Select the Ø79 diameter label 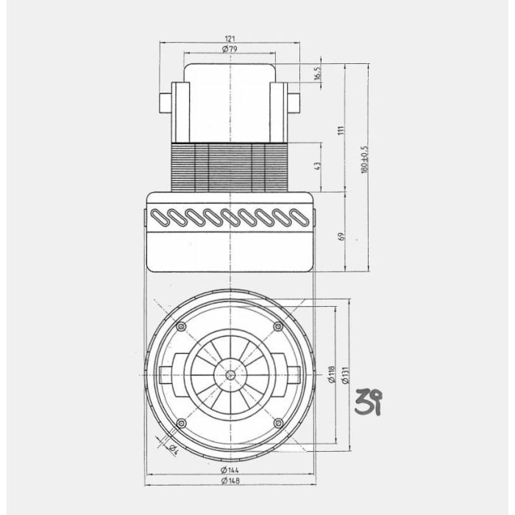point(231,49)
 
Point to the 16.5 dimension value point(318,74)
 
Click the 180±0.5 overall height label point(364,159)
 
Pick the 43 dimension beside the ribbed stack point(318,166)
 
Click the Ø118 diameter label point(332,374)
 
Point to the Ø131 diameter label point(344,374)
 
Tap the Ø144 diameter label point(231,469)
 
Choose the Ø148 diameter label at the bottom point(231,480)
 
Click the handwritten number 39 point(368,402)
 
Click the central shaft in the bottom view point(231,374)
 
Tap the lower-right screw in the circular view point(278,422)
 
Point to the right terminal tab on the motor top point(296,103)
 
